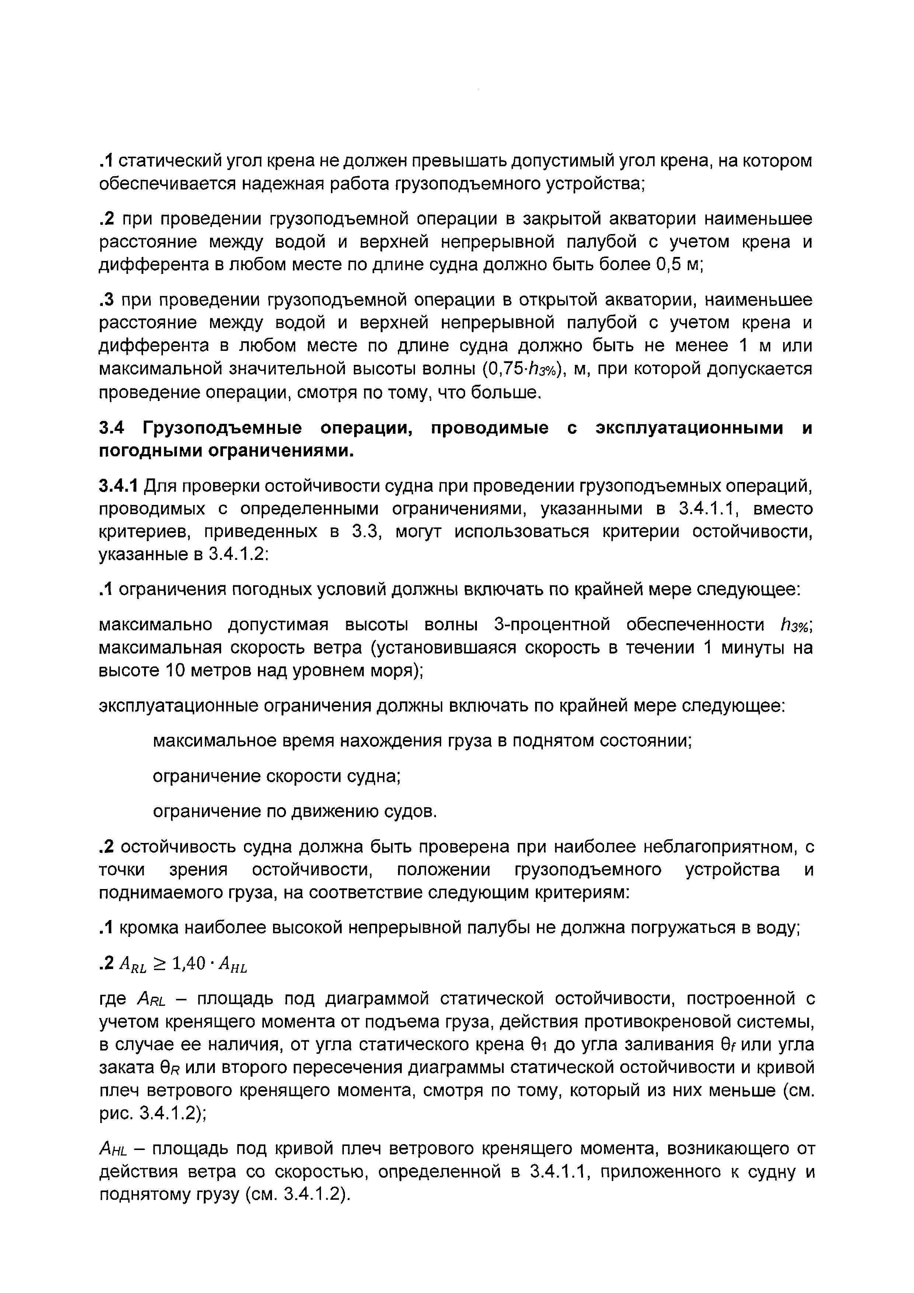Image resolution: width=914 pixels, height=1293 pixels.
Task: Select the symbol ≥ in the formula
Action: (x=160, y=964)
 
